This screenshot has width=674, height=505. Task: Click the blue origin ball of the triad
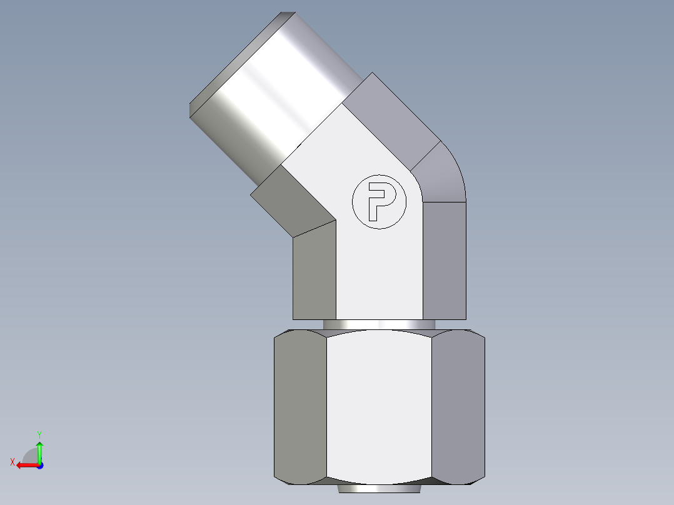39,466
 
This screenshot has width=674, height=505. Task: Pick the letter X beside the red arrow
12,462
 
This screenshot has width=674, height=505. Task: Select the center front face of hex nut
379,406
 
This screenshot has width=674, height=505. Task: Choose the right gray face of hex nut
458,406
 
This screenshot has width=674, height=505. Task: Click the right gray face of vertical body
444,259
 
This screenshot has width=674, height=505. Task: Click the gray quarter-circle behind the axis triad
29,455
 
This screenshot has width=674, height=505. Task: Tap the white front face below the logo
379,275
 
